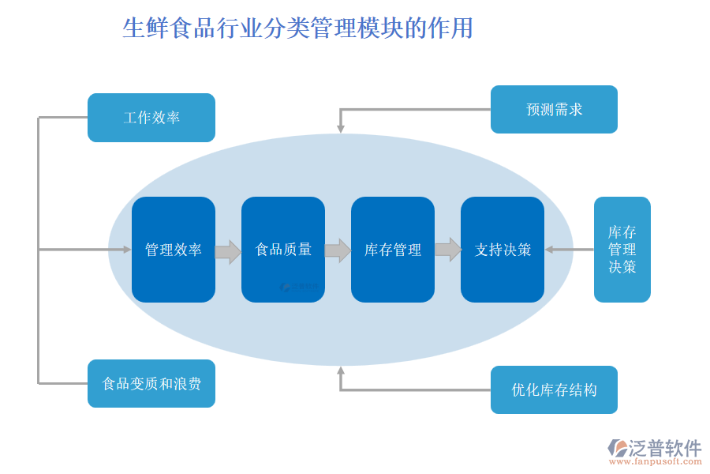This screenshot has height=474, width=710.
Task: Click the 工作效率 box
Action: pos(151,118)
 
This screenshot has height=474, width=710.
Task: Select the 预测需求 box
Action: pos(554,109)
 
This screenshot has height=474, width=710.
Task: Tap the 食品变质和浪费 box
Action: pos(151,384)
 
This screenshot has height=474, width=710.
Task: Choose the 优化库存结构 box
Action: pos(554,389)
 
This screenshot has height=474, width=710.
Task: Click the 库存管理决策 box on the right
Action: pos(622,250)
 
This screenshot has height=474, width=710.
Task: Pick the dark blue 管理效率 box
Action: pos(174,250)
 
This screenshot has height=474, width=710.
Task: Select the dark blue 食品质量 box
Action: pos(283,250)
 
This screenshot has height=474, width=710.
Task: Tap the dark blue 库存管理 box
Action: pos(393,250)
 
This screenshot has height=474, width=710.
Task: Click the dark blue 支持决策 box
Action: pos(503,250)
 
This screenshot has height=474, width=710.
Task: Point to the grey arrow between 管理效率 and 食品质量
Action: pos(228,252)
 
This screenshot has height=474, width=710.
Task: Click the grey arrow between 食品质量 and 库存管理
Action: pos(338,250)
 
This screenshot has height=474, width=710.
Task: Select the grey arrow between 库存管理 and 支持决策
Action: pos(447,250)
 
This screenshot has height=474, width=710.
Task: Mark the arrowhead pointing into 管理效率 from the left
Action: pos(126,250)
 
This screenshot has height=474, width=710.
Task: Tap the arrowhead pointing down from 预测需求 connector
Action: pos(341,127)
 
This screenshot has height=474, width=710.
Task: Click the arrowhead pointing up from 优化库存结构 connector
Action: pos(341,371)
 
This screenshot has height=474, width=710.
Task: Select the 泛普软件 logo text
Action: pos(665,448)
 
